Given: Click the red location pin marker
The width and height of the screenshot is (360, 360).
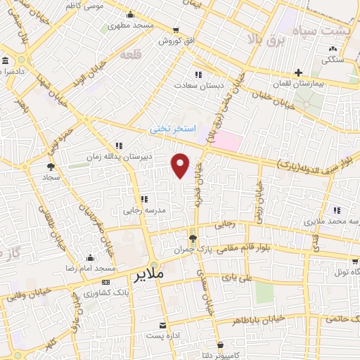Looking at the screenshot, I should [181, 166].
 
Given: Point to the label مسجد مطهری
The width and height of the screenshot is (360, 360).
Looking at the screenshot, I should [130, 26].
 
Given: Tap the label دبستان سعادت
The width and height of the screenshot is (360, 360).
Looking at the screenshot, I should [199, 84].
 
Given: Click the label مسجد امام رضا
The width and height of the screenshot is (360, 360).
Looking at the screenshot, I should [90, 269].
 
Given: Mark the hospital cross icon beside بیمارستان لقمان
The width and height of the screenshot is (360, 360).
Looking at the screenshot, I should [299, 72].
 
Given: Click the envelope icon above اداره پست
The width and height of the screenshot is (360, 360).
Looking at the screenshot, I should [163, 326].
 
